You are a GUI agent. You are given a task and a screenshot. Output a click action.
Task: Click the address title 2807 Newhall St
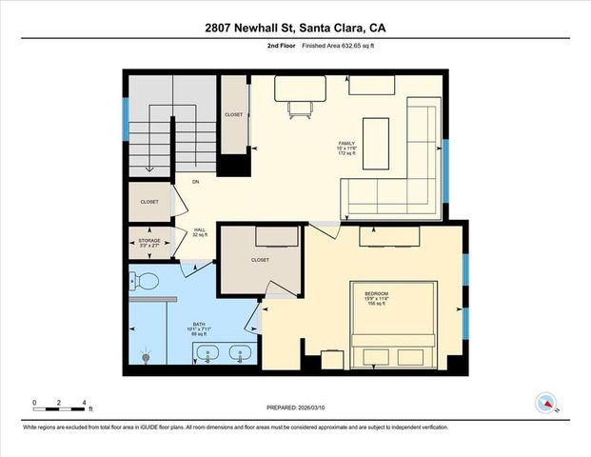tap(295, 29)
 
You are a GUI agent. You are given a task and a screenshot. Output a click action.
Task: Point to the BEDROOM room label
tap(373, 296)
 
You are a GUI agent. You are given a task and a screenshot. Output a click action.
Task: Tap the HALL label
tap(200, 231)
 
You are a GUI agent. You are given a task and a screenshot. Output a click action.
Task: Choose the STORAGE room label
tap(149, 243)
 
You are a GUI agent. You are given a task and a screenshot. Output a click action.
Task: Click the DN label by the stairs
tap(195, 182)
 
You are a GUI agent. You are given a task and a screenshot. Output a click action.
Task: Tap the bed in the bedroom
tap(394, 324)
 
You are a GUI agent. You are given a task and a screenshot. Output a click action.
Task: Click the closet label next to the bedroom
tap(260, 260)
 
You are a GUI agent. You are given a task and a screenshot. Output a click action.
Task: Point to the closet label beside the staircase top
tap(233, 115)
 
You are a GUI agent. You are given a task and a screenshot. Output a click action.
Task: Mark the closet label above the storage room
tap(149, 202)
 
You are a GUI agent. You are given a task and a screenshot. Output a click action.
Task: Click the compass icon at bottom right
tap(546, 403)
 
